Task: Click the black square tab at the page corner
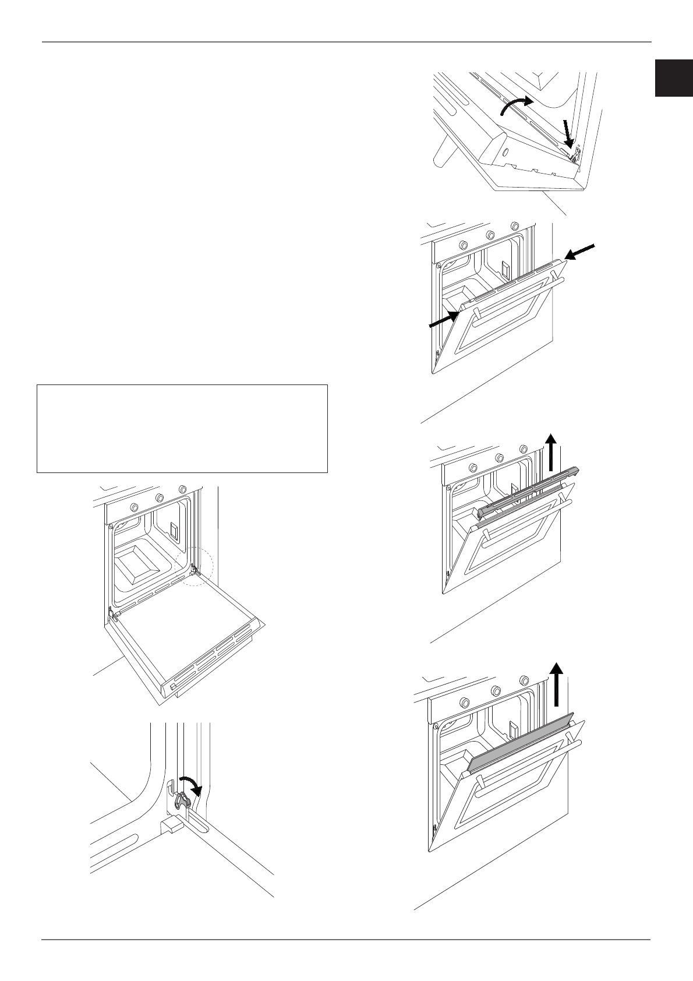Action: point(674,77)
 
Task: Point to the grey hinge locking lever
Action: point(182,800)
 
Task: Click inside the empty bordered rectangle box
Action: point(182,428)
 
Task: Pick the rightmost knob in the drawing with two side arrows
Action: point(514,227)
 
